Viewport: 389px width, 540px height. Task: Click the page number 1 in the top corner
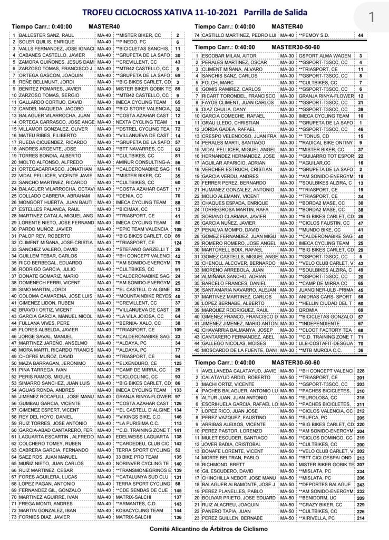coord(371,17)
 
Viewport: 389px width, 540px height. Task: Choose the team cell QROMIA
coord(307,311)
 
